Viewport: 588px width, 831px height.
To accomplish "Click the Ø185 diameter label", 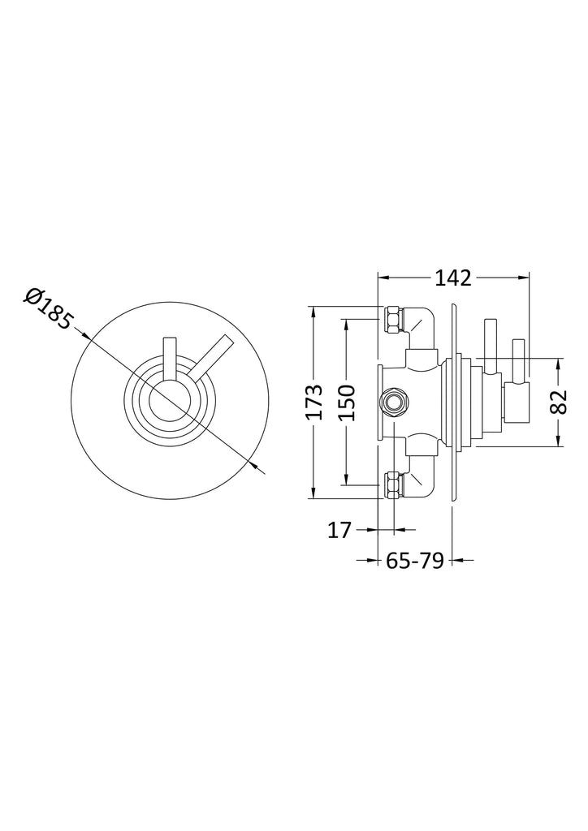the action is point(48,309).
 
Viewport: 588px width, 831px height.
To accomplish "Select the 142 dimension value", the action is point(453,278).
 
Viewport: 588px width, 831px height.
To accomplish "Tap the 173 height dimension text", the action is point(314,402).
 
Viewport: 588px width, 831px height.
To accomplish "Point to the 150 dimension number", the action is point(347,403).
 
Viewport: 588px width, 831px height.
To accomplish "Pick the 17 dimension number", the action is point(339,529).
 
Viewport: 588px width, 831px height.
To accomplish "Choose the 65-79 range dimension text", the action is point(414,560).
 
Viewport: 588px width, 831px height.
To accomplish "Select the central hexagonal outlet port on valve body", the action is point(393,403).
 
